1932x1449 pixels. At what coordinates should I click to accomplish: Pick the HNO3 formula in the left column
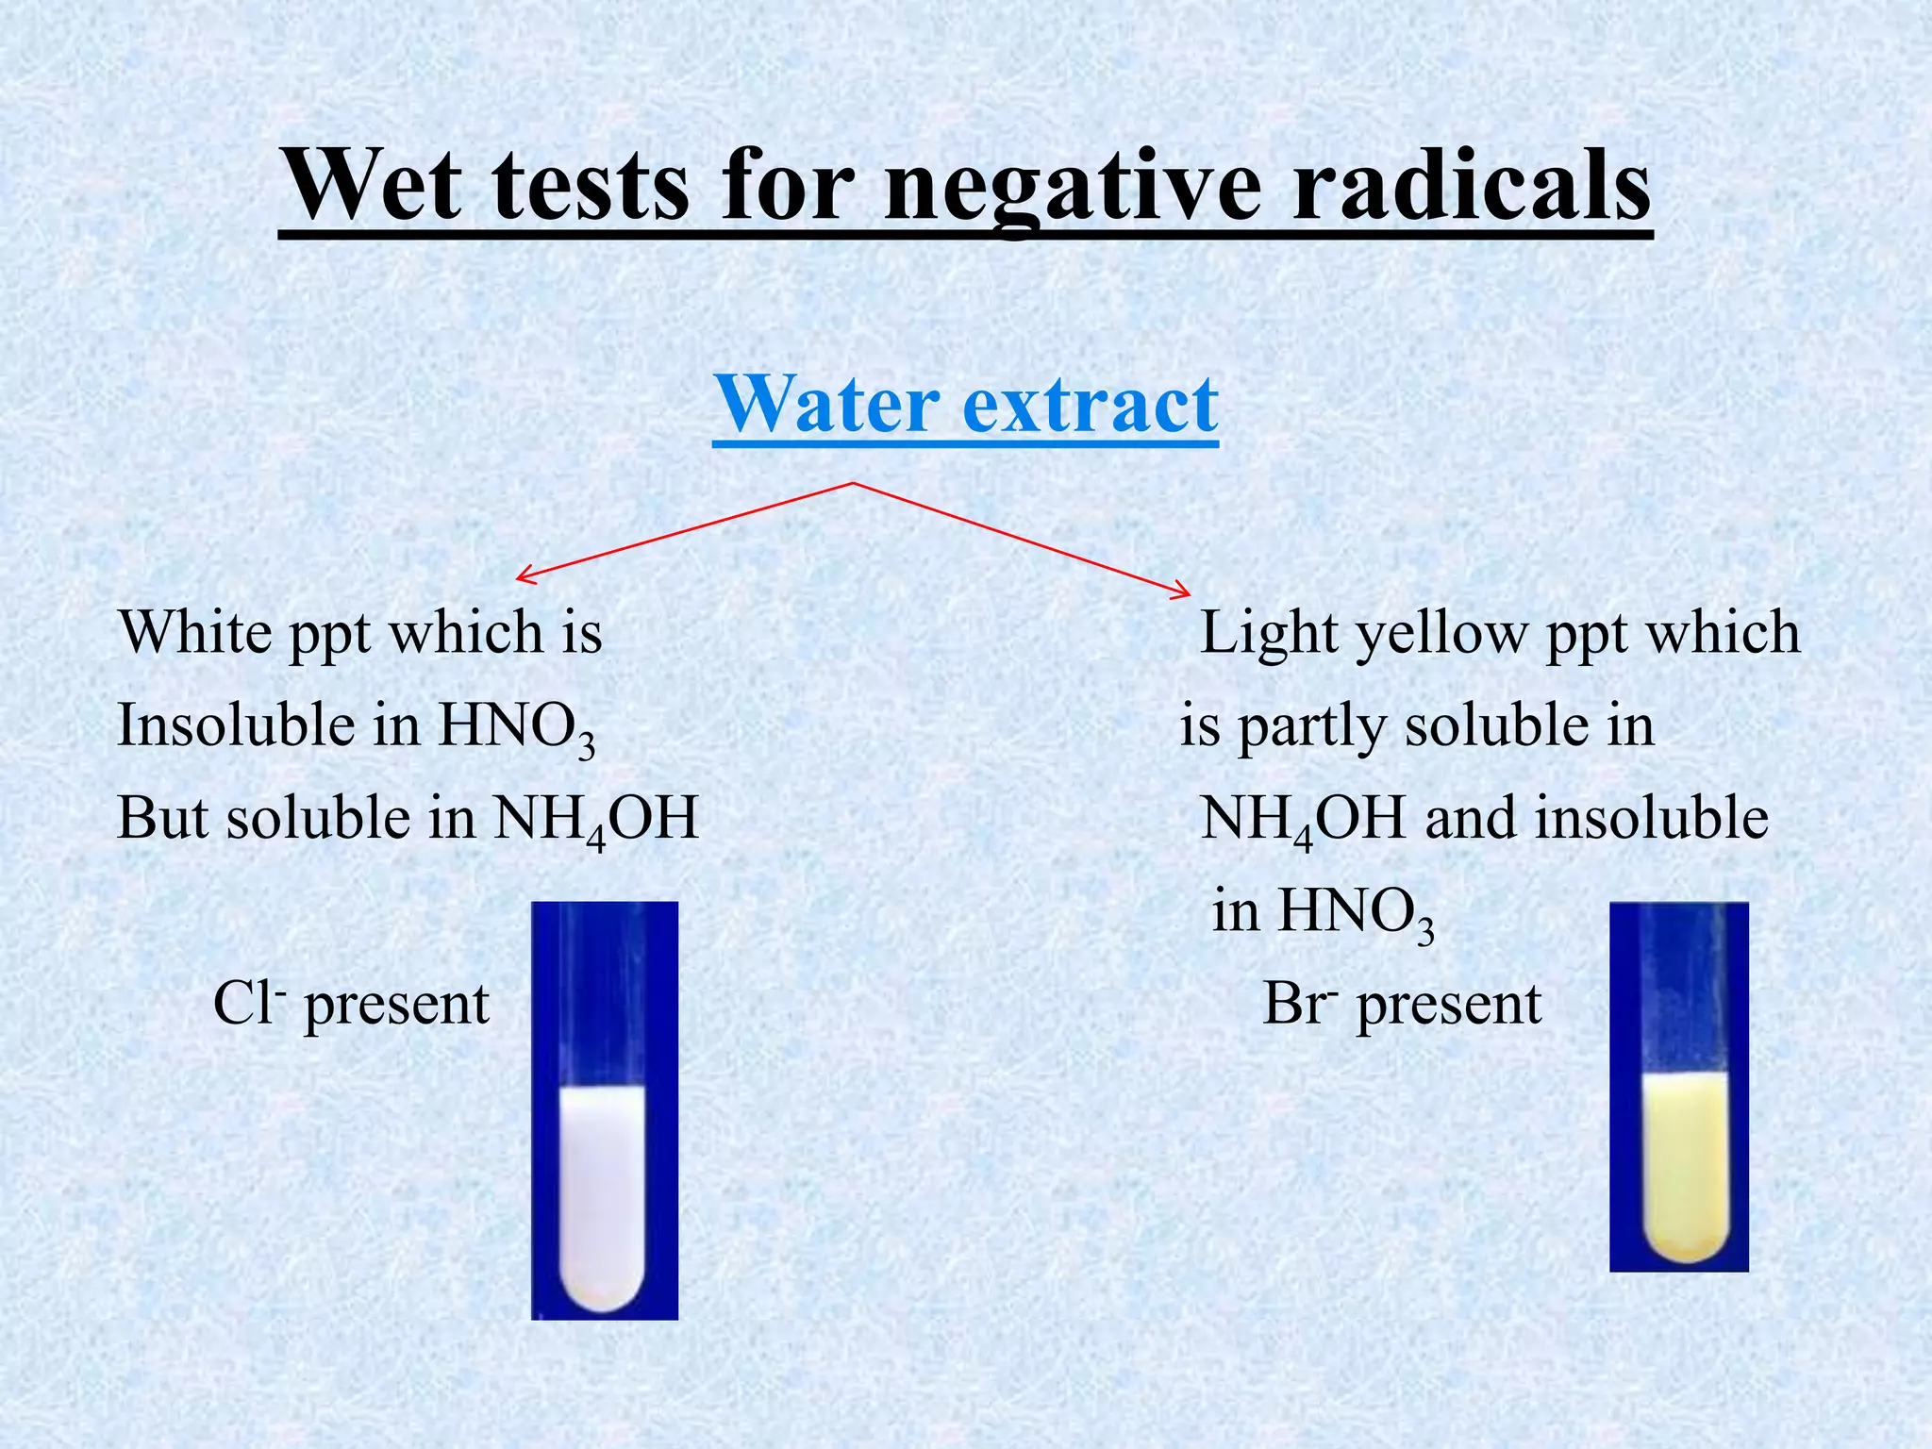[517, 727]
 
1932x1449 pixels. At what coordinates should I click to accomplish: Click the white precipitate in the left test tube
[604, 1198]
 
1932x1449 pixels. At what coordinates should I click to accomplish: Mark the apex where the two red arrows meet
[854, 484]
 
